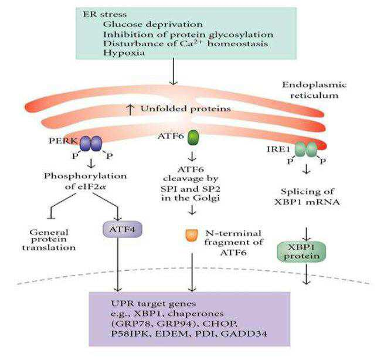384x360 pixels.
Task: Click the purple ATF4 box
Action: pyautogui.click(x=123, y=229)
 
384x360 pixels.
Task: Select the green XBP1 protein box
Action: pyautogui.click(x=301, y=252)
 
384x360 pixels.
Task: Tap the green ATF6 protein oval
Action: pyautogui.click(x=193, y=138)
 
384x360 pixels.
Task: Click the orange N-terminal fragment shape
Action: pyautogui.click(x=192, y=235)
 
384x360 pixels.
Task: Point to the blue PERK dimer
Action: pyautogui.click(x=91, y=144)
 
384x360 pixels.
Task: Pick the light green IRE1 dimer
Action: pyautogui.click(x=306, y=150)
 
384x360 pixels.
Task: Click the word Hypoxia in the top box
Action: pyautogui.click(x=124, y=53)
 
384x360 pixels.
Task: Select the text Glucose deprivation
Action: pyautogui.click(x=153, y=24)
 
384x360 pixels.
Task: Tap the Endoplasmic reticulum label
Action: pyautogui.click(x=314, y=90)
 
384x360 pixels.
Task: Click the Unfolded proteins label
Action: pyautogui.click(x=186, y=108)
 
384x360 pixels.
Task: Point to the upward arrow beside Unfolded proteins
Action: pyautogui.click(x=131, y=110)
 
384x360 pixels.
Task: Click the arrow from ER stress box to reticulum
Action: pyautogui.click(x=174, y=72)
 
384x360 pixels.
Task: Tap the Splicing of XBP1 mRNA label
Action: pyautogui.click(x=307, y=196)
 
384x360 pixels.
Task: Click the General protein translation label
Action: pyautogui.click(x=49, y=240)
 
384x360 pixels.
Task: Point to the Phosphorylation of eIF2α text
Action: pyautogui.click(x=85, y=181)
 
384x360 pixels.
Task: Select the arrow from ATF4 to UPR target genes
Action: pyautogui.click(x=118, y=264)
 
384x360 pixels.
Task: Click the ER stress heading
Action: pyautogui.click(x=105, y=14)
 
